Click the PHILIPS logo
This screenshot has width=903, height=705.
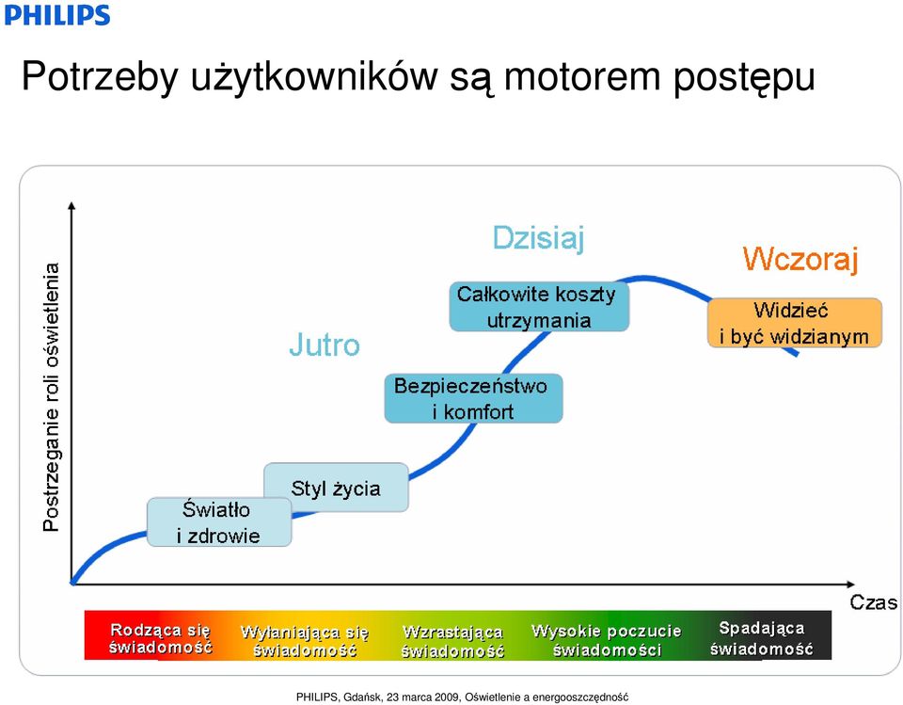pyautogui.click(x=57, y=14)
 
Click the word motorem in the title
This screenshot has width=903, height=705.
pyautogui.click(x=582, y=76)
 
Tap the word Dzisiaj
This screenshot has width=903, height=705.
pyautogui.click(x=538, y=238)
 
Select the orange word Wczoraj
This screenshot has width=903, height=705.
pyautogui.click(x=800, y=259)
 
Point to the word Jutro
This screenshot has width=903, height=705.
pyautogui.click(x=325, y=344)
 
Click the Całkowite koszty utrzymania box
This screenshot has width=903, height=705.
pyautogui.click(x=539, y=307)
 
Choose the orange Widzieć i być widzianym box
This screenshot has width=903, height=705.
pyautogui.click(x=795, y=323)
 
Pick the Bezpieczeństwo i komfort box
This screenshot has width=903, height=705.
pyautogui.click(x=473, y=398)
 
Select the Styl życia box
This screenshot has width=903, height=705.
pyautogui.click(x=337, y=488)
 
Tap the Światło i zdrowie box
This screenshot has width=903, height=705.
pyautogui.click(x=219, y=522)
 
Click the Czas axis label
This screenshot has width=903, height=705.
pyautogui.click(x=873, y=602)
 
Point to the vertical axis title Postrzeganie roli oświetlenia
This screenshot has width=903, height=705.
pyautogui.click(x=51, y=397)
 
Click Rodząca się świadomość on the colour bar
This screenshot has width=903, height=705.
pyautogui.click(x=161, y=638)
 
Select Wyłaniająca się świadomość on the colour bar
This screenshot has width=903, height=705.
pyautogui.click(x=305, y=640)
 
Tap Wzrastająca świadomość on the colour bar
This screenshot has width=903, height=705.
pyautogui.click(x=452, y=641)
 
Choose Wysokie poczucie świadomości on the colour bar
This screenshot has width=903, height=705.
pyautogui.click(x=607, y=640)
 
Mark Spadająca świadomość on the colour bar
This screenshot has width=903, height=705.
pyautogui.click(x=761, y=638)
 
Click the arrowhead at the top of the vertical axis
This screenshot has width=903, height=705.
pyautogui.click(x=71, y=205)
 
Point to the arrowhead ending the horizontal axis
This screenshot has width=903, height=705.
pyautogui.click(x=850, y=584)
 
